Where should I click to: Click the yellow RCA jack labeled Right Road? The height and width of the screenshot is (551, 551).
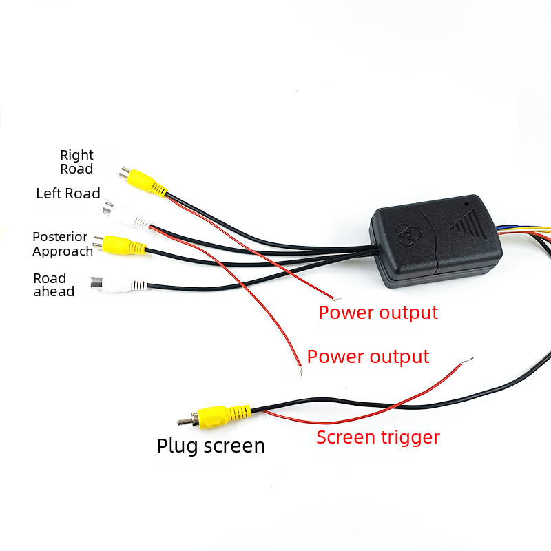point(143,182)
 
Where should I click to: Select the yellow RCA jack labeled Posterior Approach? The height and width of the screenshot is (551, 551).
point(119,245)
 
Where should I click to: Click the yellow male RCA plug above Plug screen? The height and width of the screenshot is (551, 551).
point(214,417)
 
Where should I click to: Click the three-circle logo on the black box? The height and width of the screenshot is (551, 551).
point(407,233)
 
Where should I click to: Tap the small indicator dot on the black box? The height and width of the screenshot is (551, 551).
point(467,203)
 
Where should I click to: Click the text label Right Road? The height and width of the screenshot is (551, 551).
point(76,162)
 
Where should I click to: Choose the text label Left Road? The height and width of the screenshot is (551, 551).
point(68,194)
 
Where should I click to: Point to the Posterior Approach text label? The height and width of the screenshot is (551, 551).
point(63,244)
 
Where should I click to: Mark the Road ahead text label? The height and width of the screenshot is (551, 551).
point(54,284)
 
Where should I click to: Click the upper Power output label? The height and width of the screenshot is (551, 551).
point(378,313)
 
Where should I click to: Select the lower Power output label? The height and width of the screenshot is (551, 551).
point(368,357)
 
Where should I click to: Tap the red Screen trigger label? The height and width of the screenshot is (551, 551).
point(378,437)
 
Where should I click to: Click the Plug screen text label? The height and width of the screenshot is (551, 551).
point(211,446)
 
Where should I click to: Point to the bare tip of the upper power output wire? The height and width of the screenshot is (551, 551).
point(337,299)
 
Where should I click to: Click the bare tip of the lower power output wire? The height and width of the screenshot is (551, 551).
point(301,372)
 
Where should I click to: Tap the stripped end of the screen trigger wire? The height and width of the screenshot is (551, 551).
point(467,361)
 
